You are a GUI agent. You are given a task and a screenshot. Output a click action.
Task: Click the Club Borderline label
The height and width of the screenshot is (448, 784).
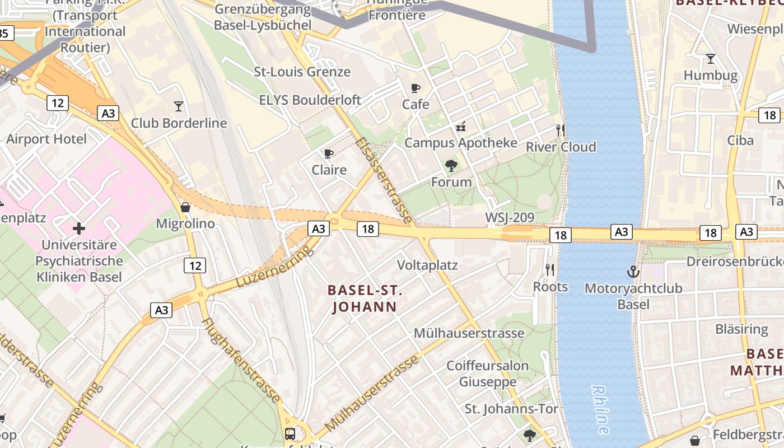[179, 123]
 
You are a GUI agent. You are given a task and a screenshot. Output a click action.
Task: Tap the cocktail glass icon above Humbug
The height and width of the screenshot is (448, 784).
[711, 58]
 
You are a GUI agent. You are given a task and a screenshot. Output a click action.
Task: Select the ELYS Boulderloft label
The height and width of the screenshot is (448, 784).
[310, 100]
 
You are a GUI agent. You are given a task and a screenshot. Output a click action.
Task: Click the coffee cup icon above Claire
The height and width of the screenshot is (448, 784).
[329, 153]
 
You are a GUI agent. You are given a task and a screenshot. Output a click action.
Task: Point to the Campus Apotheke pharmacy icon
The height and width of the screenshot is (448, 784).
[461, 127]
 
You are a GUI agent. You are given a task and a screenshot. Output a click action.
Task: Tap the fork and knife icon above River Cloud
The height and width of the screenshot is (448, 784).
[561, 130]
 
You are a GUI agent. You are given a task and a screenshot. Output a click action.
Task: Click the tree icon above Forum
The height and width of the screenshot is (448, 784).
[451, 166]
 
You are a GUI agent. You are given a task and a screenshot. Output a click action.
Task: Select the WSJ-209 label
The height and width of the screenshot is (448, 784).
[510, 217]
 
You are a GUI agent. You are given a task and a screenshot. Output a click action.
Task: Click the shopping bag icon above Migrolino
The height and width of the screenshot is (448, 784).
[185, 208]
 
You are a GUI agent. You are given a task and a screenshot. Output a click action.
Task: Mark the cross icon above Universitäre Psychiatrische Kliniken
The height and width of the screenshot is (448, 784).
[79, 228]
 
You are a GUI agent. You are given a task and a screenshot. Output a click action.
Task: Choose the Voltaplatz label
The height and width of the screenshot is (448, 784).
[427, 265]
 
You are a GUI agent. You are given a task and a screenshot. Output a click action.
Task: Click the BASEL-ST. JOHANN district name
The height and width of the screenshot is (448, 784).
[365, 298]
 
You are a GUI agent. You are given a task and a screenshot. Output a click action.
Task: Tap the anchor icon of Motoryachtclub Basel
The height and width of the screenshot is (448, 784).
[633, 272]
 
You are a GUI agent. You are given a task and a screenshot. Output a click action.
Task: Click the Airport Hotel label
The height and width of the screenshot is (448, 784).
[46, 139]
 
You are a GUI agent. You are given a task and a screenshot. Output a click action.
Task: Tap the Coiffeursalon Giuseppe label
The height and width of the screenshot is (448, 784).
[487, 374]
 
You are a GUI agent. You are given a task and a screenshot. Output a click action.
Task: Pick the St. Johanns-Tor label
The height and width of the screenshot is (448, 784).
[511, 409]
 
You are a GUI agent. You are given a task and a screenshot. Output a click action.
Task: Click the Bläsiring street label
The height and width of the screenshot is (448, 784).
[741, 329]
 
